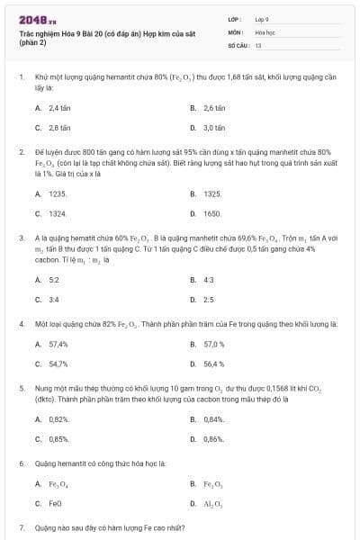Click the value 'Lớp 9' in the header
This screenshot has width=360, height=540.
(262, 18)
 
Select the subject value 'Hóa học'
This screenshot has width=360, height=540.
(264, 31)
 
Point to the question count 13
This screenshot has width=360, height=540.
(258, 44)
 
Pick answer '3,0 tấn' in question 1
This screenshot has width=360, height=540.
(213, 128)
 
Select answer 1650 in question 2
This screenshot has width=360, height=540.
(212, 213)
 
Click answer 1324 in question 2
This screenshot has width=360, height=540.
(58, 213)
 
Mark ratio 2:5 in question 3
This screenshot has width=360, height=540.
(209, 299)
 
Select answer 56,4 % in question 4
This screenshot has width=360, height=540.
(214, 364)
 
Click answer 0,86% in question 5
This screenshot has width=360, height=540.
(214, 438)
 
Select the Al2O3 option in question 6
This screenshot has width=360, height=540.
(213, 504)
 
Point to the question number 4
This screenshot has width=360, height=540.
(21, 322)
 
